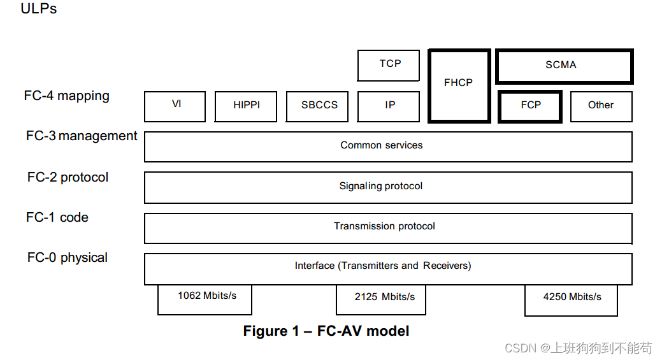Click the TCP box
(x=389, y=66)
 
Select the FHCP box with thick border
(x=459, y=86)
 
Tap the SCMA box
(x=563, y=66)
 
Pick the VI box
(x=175, y=106)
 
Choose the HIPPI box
(x=246, y=106)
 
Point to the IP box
(x=389, y=106)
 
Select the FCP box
(x=530, y=106)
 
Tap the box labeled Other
(x=600, y=106)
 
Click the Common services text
(x=381, y=145)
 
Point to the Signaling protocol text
(x=380, y=186)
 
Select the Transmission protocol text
(x=384, y=226)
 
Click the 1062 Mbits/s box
(x=205, y=299)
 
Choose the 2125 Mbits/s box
(x=381, y=299)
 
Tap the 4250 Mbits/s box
(x=571, y=299)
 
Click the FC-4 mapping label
(x=67, y=96)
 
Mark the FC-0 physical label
(x=67, y=258)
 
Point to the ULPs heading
(x=39, y=9)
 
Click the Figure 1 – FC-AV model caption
(x=326, y=331)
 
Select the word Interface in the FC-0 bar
(x=314, y=266)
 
